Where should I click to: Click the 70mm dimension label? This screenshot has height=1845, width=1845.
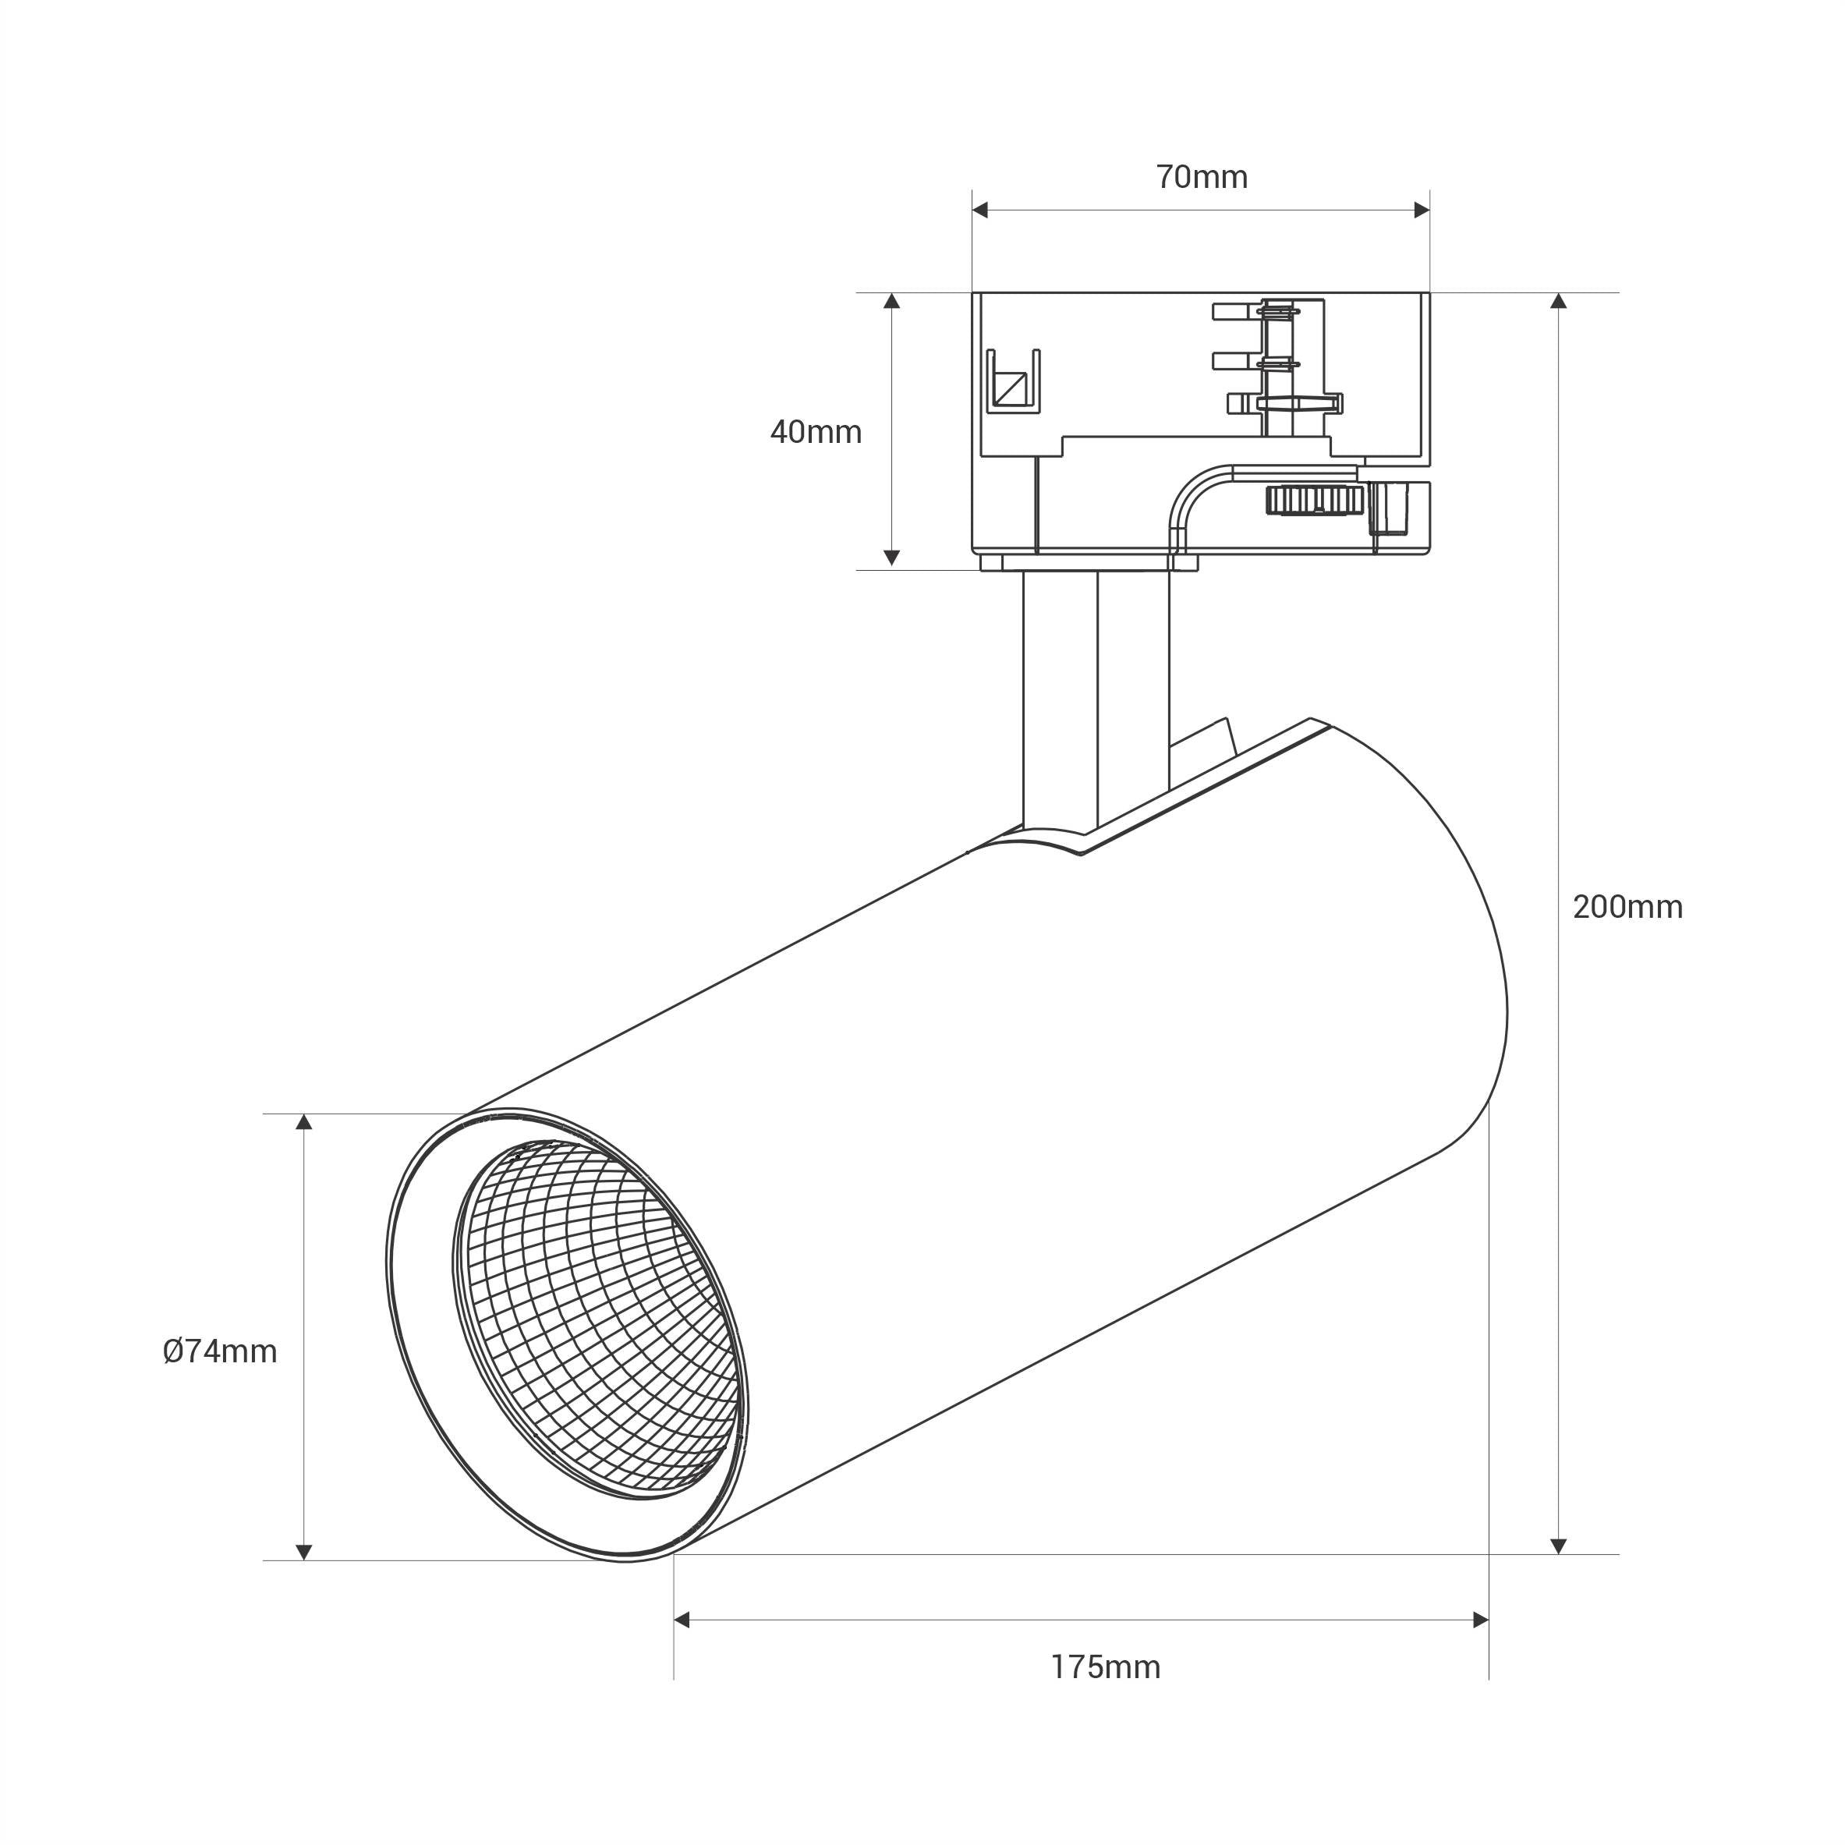1202,178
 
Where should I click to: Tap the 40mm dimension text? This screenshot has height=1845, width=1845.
816,433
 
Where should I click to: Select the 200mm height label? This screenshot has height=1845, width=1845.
1627,907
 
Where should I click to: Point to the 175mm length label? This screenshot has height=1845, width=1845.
1106,1667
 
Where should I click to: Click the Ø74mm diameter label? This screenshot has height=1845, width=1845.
220,1351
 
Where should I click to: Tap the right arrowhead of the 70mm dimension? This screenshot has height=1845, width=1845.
1422,210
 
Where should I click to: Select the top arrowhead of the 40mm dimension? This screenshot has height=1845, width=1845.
892,301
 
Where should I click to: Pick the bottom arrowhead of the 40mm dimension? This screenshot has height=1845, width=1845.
892,558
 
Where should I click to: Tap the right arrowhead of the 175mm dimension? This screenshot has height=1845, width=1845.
1481,1620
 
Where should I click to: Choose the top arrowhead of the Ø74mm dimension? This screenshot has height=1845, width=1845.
303,1122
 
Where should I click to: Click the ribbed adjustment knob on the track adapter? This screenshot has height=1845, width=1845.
1313,499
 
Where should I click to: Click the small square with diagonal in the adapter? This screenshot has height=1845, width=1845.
1011,387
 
